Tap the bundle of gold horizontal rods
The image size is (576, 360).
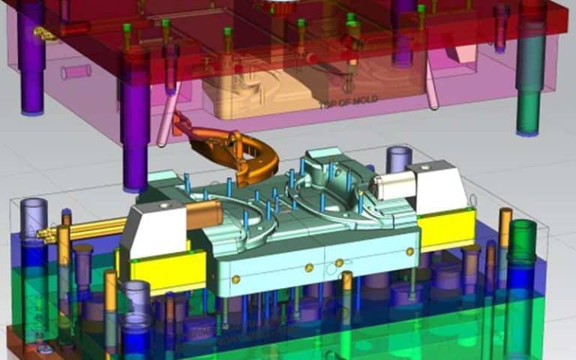click(90, 228)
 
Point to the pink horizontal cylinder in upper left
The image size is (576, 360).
click(76, 72)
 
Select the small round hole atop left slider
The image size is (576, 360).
click(162, 203)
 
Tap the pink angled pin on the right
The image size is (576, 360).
click(433, 82)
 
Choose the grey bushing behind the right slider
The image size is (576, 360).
click(398, 158)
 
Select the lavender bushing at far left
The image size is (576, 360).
click(33, 217)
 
